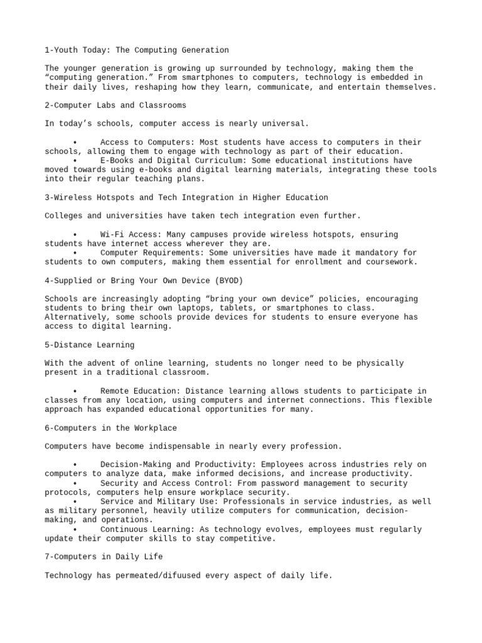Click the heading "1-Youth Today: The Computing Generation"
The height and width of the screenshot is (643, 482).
coord(137,50)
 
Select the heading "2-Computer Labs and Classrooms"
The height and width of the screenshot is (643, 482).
coord(115,105)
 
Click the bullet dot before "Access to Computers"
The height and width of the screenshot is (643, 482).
coord(75,143)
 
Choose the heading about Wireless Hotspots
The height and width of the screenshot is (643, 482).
coord(186,197)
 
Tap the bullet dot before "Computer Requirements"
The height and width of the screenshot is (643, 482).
coord(75,253)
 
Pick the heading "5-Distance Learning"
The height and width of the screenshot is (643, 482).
coord(89,345)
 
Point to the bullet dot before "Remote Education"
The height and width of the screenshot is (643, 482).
coord(75,391)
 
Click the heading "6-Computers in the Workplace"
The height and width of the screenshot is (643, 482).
coord(110,428)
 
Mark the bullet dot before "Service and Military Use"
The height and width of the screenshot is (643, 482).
coord(75,502)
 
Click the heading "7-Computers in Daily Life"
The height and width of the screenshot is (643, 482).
coord(104,557)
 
